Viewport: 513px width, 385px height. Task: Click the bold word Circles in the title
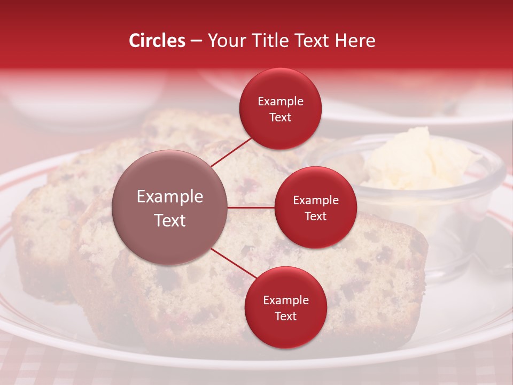(157, 41)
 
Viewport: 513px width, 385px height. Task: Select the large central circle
(169, 207)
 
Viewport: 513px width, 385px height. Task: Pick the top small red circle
(281, 109)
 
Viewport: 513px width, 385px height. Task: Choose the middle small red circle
(315, 207)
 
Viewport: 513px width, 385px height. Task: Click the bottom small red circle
(285, 307)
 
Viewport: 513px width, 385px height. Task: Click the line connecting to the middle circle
(251, 207)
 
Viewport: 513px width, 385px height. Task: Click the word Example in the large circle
(169, 196)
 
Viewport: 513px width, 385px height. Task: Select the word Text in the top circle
(281, 117)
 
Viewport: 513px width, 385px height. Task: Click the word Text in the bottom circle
(285, 316)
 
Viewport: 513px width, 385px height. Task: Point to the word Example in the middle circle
(315, 200)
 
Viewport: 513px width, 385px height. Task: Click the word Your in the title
(225, 41)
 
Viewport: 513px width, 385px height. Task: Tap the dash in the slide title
(197, 41)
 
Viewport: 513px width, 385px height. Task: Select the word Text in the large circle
(169, 220)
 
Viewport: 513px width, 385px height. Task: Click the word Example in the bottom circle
(285, 300)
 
